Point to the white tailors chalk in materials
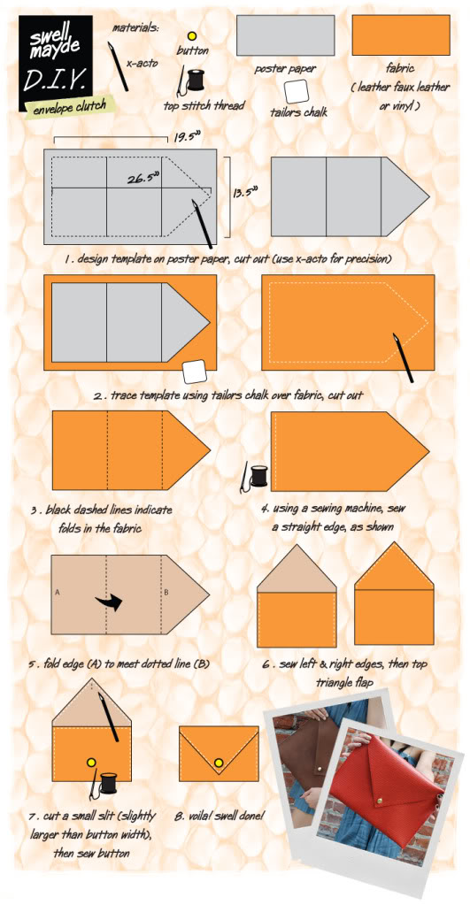297,91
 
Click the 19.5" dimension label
185,137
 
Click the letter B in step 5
166,593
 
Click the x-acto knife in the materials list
119,66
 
